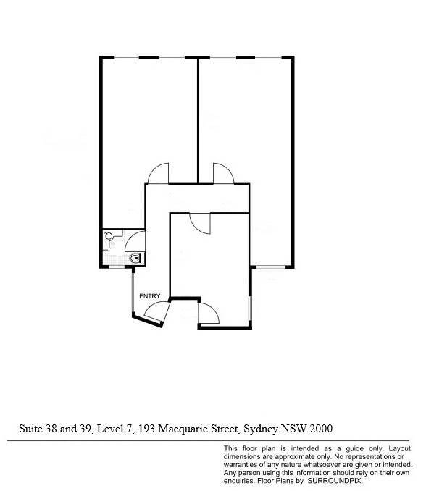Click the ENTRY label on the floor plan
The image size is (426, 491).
pyautogui.click(x=149, y=296)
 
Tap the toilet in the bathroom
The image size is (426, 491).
pyautogui.click(x=137, y=259)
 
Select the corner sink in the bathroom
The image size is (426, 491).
pyautogui.click(x=109, y=235)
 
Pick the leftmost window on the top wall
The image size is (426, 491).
pyautogui.click(x=127, y=58)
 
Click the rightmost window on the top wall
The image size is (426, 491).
pyautogui.click(x=268, y=58)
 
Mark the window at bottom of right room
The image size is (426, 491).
pyautogui.click(x=271, y=267)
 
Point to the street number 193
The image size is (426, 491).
pyautogui.click(x=146, y=429)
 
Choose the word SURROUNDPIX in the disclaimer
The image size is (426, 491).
pyautogui.click(x=335, y=481)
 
